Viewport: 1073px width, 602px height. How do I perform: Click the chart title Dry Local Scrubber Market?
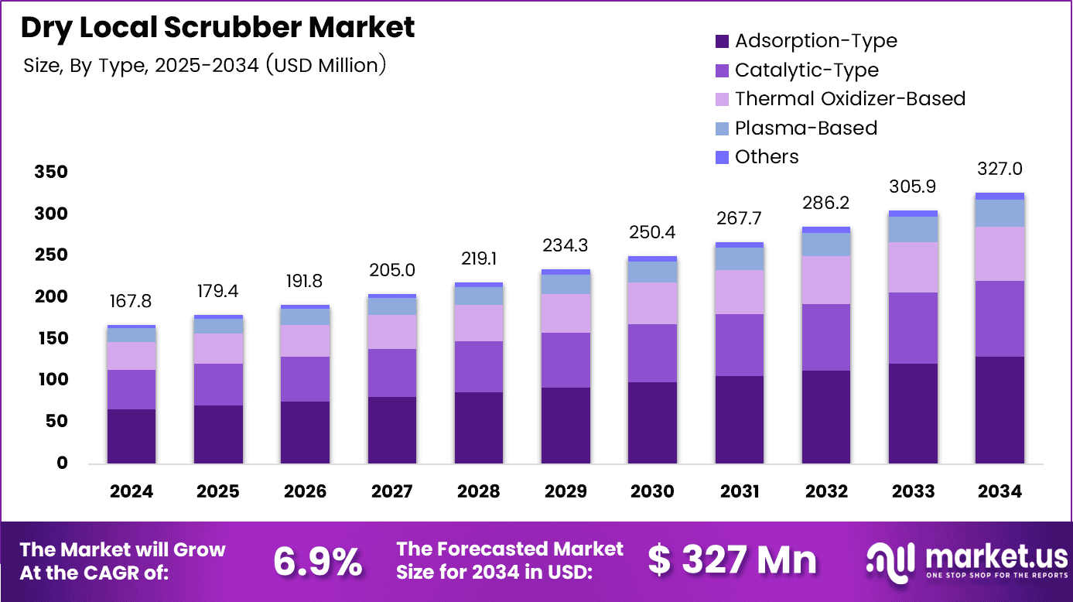217,27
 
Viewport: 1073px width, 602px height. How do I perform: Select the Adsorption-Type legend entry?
815,41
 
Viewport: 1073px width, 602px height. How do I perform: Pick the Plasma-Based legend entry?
805,128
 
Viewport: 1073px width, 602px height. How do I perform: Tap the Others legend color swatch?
723,157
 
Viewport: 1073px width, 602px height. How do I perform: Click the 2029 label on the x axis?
566,491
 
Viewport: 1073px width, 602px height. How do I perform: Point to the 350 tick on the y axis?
51,172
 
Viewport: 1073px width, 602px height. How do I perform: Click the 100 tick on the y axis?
51,380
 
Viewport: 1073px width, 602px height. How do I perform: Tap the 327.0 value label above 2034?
999,169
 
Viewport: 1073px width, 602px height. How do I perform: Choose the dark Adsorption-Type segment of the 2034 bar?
1000,409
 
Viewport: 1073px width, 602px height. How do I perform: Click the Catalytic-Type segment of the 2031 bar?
739,345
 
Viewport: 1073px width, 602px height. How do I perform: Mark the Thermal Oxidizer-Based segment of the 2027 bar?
392,332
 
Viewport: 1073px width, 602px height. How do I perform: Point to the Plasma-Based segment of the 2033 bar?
913,229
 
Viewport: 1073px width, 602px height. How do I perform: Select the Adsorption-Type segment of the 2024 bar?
132,436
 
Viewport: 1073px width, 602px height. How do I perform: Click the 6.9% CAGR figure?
317,561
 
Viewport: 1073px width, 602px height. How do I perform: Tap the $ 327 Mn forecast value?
732,560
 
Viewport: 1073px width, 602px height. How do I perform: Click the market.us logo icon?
890,559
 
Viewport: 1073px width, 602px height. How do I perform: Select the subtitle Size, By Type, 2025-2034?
205,66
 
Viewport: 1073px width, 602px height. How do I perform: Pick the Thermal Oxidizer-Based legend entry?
849,99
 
